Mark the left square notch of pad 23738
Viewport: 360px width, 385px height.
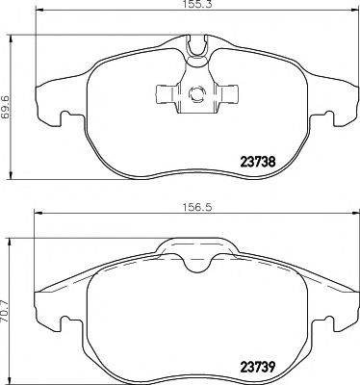[66, 119]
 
